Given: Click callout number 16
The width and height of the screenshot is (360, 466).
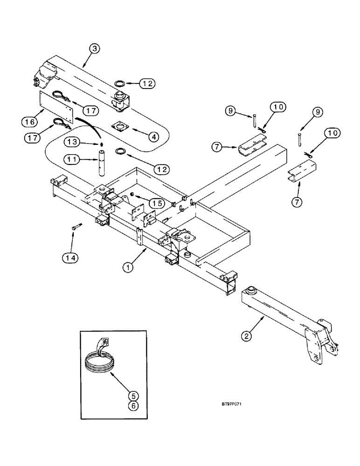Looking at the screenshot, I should pyautogui.click(x=29, y=123).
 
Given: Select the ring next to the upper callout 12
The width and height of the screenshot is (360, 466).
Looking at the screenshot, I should pyautogui.click(x=119, y=83).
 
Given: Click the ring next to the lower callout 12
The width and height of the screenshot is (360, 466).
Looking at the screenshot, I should pyautogui.click(x=120, y=152).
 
